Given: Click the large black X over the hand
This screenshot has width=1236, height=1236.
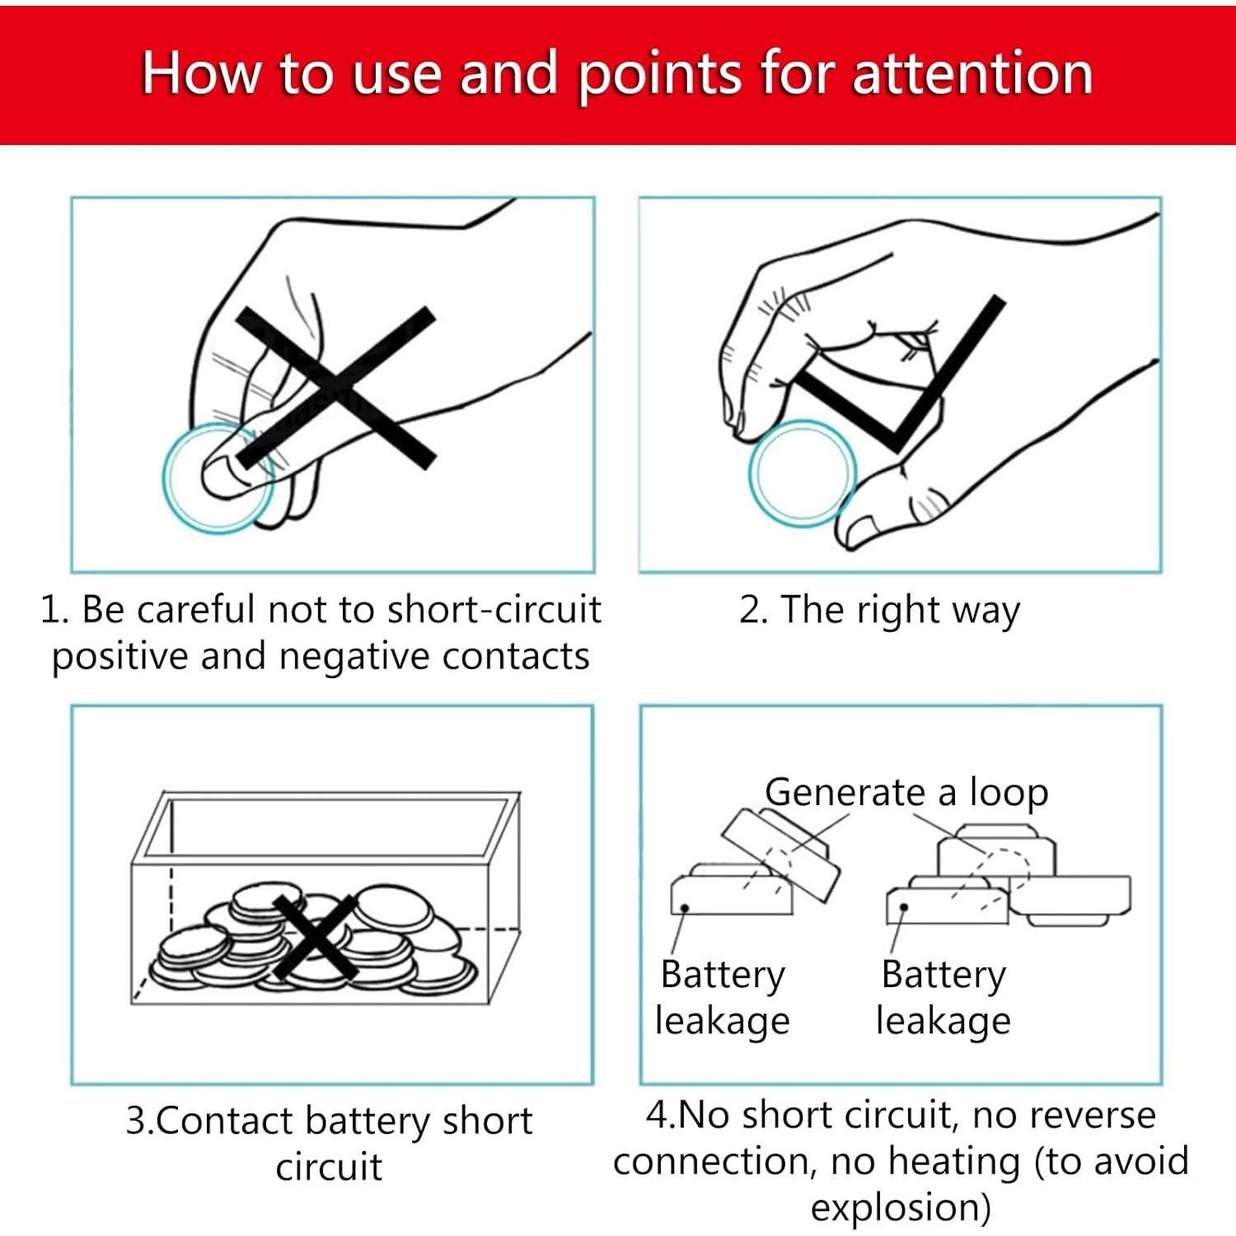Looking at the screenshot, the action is [335, 387].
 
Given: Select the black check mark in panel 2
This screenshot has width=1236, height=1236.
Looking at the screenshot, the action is [898, 375].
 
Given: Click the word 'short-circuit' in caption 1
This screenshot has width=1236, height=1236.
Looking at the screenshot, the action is [494, 610].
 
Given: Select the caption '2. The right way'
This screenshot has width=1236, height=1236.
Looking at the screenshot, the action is [879, 611].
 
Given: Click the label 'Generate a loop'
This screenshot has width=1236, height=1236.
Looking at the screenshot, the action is [906, 792].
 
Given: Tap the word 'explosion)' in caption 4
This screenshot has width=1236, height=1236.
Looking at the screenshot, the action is [901, 1207].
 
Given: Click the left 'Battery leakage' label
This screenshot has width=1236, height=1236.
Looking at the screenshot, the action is [723, 997].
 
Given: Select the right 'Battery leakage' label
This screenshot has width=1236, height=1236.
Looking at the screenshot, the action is [943, 997].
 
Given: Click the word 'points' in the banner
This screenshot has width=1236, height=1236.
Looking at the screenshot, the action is [660, 76].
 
